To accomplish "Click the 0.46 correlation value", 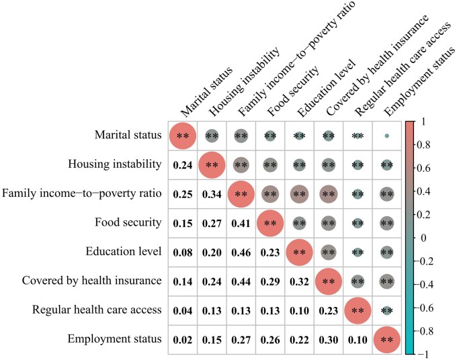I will click(x=241, y=253).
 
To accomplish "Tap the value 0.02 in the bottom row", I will click(x=182, y=340).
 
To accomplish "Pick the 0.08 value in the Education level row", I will click(x=182, y=253).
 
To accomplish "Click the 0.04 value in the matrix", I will click(x=182, y=311).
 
